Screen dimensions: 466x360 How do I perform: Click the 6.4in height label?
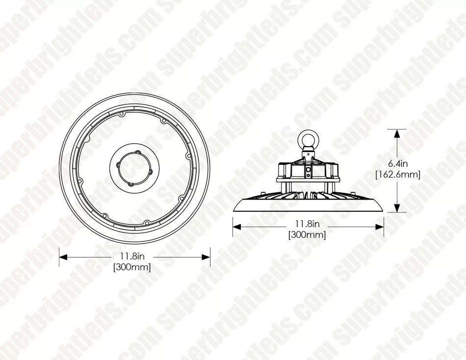tap(398, 163)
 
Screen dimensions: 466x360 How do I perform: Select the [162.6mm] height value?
tap(398, 174)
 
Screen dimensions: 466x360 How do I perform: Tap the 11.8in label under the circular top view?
tap(132, 256)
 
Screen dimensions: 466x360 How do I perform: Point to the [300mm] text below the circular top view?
tap(132, 267)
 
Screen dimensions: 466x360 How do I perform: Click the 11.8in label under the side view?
tap(307, 223)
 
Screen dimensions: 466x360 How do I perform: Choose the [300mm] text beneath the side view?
tap(307, 234)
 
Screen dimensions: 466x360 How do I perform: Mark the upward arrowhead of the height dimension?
tap(396, 134)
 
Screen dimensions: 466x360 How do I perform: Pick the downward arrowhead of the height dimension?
tap(396, 207)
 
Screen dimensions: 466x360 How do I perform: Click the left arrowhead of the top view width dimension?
tap(64, 257)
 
